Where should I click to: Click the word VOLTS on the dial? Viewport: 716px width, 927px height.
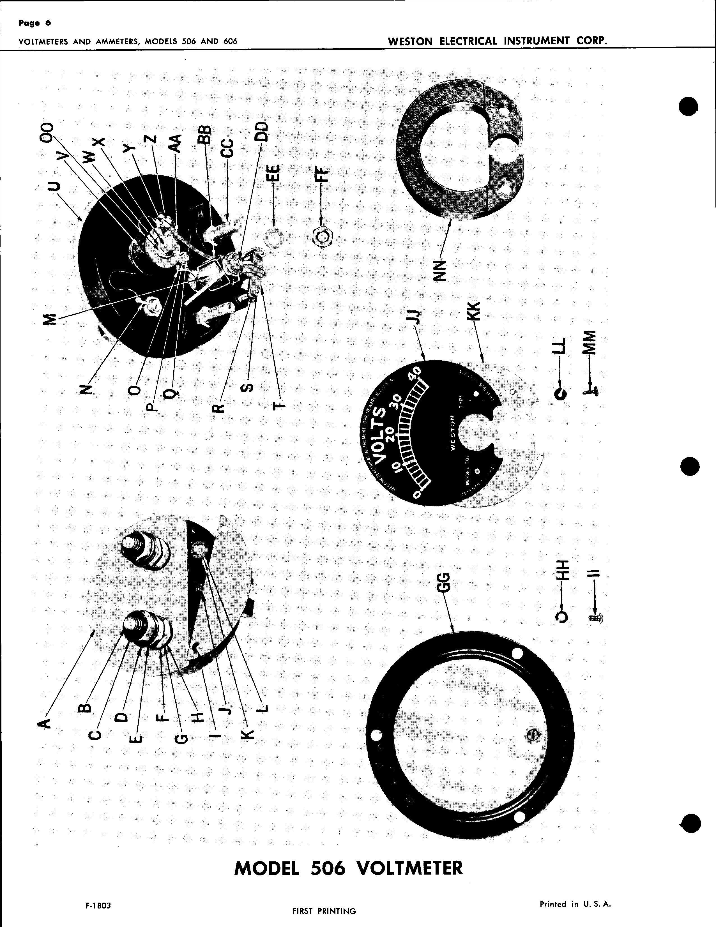click(381, 433)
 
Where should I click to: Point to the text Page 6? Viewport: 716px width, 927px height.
click(35, 23)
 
